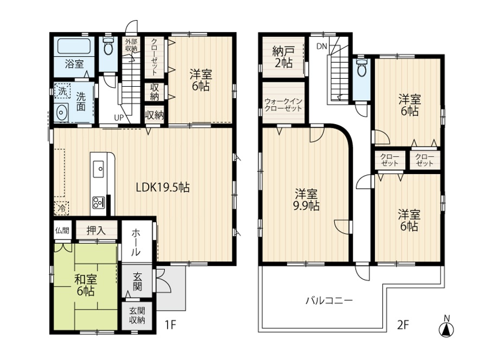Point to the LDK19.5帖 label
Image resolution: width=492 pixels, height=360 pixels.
tap(163, 187)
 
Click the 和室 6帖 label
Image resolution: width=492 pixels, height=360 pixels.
tap(85, 285)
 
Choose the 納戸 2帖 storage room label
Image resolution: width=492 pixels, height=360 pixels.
tap(283, 57)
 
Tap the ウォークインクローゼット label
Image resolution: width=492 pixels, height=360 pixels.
tap(283, 105)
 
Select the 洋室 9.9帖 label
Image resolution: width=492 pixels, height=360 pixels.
tap(306, 200)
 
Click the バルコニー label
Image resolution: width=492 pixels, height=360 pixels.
tap(329, 301)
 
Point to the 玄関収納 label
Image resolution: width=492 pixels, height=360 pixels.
tap(137, 315)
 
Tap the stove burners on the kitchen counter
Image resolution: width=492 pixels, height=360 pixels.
tap(98, 202)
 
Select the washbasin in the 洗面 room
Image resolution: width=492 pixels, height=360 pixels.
tap(61, 112)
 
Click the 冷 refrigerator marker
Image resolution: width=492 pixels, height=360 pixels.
tap(62, 208)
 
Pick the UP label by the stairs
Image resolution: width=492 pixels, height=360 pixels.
tap(119, 118)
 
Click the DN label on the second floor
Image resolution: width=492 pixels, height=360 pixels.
tap(322, 47)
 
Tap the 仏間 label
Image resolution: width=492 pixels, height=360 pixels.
tap(62, 230)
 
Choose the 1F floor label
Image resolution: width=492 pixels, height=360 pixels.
tap(170, 325)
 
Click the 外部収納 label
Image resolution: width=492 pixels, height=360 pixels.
tap(131, 45)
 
